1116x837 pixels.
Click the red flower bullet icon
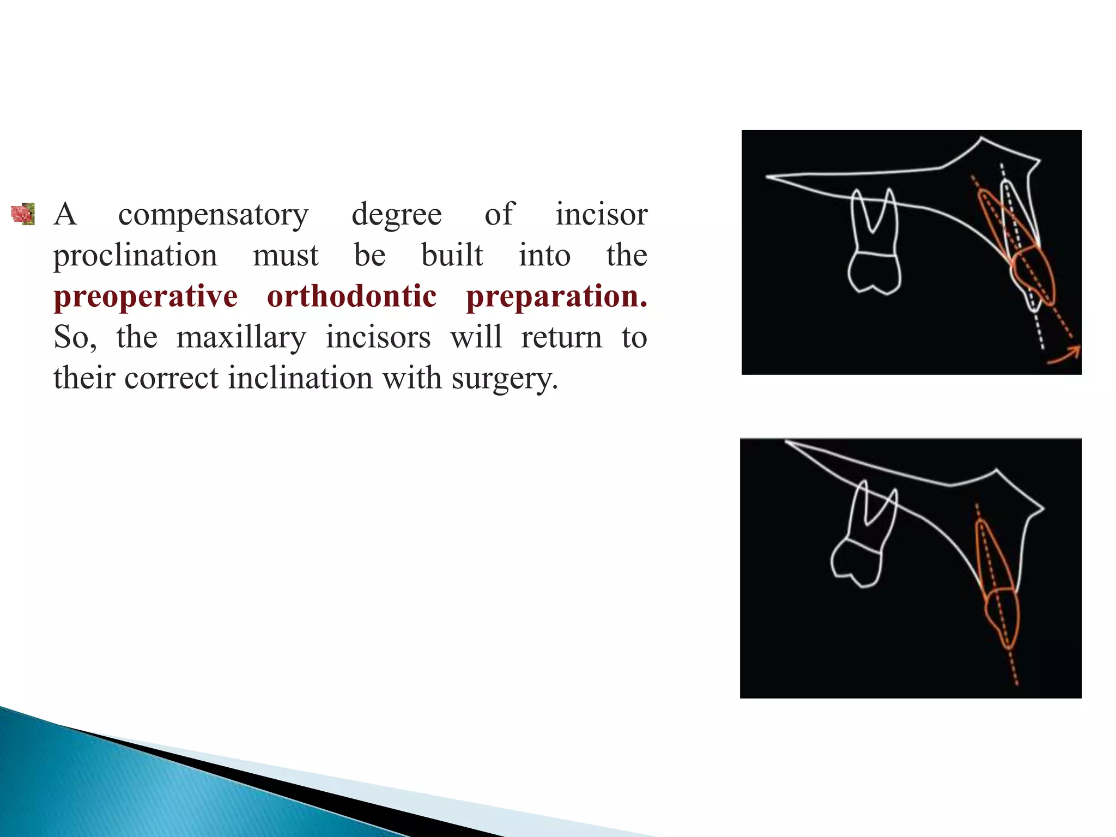[x=23, y=214]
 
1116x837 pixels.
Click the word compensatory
[x=213, y=215]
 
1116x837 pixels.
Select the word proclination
[x=135, y=256]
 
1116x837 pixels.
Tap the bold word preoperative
[x=145, y=296]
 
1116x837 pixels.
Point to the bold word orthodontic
[x=351, y=296]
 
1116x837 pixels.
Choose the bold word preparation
[x=556, y=296]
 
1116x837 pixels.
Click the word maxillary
[x=241, y=337]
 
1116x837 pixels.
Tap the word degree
[x=396, y=215]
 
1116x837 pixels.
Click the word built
[x=452, y=256]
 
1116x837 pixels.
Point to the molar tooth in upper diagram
[x=874, y=245]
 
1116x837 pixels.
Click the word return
[x=561, y=337]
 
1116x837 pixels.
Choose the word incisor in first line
[x=601, y=215]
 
